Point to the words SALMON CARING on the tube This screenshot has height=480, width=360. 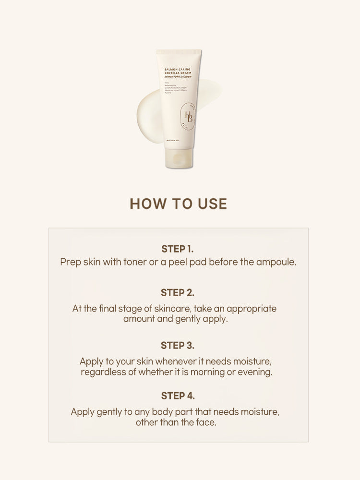pos(177,69)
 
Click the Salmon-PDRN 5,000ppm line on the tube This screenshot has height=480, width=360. pos(178,77)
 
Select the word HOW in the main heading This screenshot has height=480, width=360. pos(145,204)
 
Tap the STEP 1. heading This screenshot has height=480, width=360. pos(178,249)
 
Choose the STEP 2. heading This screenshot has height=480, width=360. pos(178,292)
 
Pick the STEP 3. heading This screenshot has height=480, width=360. pos(178,345)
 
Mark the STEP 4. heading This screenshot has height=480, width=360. pos(178,396)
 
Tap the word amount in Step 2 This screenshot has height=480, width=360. pos(138,319)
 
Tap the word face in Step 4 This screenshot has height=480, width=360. pos(205,423)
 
